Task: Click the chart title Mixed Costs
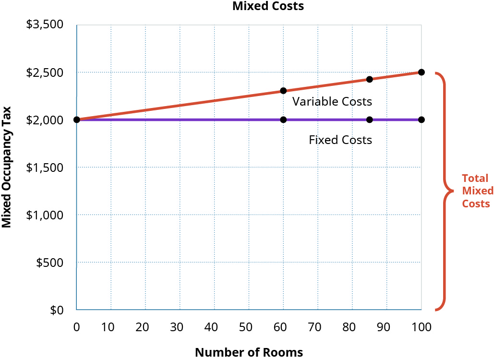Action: tap(268, 6)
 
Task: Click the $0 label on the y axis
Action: tap(57, 310)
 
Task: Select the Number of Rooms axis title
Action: tap(249, 352)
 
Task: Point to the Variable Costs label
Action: tap(332, 102)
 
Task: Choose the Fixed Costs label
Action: tap(340, 140)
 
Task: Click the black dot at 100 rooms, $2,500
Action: tap(422, 72)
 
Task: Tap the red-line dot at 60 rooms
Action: tap(283, 91)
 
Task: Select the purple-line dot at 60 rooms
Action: tap(283, 120)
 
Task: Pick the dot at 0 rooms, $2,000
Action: tap(77, 120)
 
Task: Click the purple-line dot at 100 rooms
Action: tap(422, 120)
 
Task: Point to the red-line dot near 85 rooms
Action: tap(370, 79)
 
